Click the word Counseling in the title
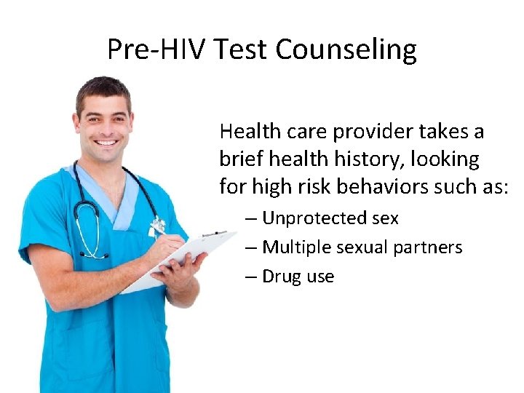pos(346,49)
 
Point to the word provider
pos(372,132)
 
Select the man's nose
pos(106,128)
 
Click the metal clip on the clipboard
pos(214,234)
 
